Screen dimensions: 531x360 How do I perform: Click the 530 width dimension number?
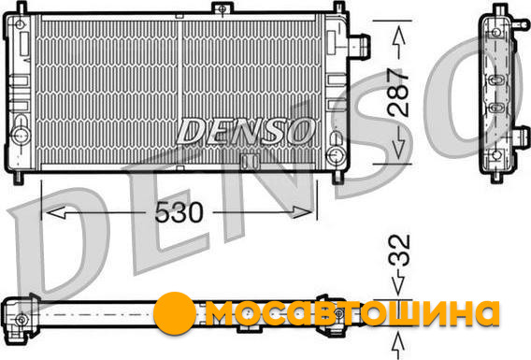(179, 212)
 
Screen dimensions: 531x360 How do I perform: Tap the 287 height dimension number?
(398, 93)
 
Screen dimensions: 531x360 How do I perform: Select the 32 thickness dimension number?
(399, 250)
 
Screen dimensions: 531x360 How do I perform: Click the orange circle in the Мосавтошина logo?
(175, 313)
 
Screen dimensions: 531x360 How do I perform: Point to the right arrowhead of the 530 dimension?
(302, 212)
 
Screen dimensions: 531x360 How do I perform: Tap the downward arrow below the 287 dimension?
(399, 143)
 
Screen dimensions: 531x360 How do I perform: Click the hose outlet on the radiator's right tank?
(359, 46)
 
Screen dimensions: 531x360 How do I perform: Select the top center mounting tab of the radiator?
(222, 7)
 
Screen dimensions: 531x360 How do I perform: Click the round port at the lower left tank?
(21, 135)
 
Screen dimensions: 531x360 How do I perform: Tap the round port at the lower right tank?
(336, 154)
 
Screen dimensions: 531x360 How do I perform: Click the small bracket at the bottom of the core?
(251, 161)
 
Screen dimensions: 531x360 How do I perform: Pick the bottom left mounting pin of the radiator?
(19, 178)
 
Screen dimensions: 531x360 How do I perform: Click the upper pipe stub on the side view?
(521, 24)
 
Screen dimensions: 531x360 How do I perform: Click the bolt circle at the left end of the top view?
(22, 319)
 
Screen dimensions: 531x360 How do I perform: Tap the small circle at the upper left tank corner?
(20, 24)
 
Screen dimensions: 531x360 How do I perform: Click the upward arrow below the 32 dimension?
(398, 345)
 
